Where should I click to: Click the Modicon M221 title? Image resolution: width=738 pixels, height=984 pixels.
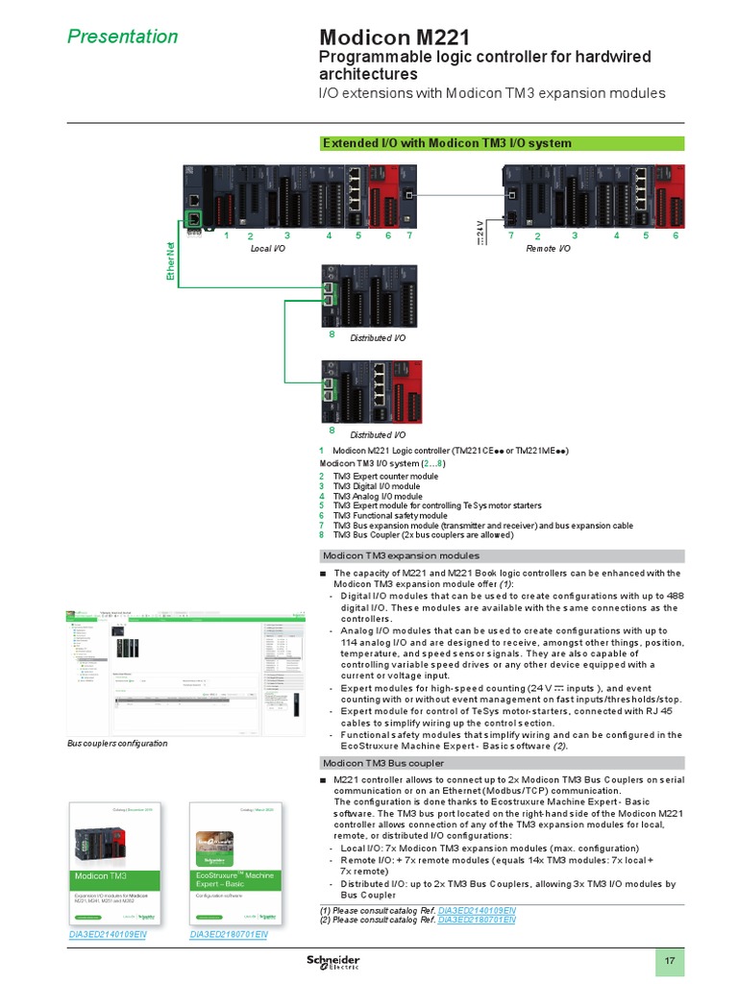(x=394, y=37)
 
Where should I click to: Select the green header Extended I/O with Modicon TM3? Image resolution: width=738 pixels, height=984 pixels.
(x=447, y=143)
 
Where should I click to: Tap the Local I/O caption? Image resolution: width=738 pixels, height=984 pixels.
(x=267, y=248)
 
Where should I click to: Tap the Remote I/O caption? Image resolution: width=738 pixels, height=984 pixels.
(x=548, y=248)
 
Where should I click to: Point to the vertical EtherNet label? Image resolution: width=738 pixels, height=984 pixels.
(x=176, y=260)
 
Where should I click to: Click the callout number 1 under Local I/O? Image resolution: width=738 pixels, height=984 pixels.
(x=226, y=234)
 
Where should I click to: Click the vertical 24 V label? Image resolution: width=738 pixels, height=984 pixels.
(x=480, y=232)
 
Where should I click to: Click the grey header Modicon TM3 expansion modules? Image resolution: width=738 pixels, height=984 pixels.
(x=401, y=555)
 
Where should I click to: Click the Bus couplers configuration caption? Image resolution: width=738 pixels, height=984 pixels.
(x=117, y=743)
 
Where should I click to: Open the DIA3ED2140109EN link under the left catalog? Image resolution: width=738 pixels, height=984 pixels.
(x=107, y=934)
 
